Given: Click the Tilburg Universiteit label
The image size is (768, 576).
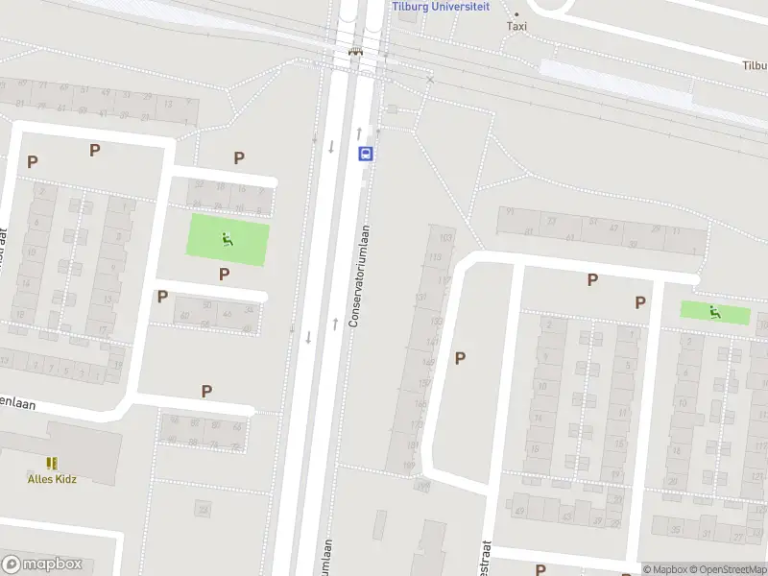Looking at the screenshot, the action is pos(441,6).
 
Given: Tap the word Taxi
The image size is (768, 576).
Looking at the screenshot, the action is pos(516,26).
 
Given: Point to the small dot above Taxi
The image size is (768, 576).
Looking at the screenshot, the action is pos(516,13).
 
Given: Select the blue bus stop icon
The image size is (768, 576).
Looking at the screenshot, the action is pos(365,154).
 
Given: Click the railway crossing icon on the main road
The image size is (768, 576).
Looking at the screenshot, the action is pos(356,53).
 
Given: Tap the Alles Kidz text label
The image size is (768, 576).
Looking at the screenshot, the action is pos(51,479).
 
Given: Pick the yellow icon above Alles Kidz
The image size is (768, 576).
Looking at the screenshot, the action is pos(51,463).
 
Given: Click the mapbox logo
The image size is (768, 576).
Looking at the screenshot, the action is pos(42,564).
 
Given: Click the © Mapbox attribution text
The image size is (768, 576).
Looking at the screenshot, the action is pos(664,569).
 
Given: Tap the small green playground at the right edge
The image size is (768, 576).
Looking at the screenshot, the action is pos(715,312).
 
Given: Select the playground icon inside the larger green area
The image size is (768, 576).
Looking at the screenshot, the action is pos(228,240).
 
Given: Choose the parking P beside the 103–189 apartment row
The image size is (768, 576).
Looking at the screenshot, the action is pos(461,358).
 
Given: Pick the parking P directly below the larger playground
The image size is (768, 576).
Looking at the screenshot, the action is pos(225,275).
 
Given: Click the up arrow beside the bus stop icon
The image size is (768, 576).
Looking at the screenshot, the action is pos(359,131).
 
